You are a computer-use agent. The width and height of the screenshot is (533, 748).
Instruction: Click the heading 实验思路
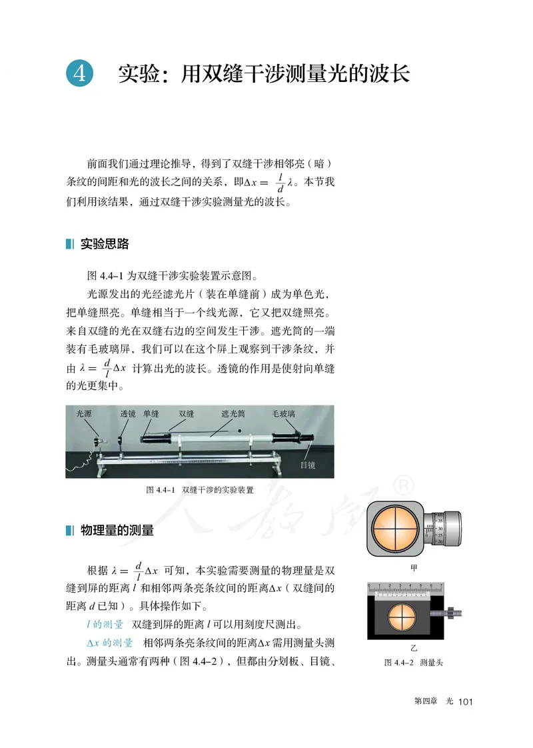[104, 244]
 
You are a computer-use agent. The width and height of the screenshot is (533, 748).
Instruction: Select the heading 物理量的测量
[117, 530]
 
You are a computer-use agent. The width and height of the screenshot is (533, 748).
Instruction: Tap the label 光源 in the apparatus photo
[84, 414]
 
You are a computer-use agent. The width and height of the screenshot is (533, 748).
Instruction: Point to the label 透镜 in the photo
[128, 414]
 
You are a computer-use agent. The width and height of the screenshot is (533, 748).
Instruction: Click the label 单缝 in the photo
[151, 414]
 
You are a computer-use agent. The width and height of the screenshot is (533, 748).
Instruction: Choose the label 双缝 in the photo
[185, 414]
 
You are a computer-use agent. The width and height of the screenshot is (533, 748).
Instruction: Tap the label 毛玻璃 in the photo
[284, 414]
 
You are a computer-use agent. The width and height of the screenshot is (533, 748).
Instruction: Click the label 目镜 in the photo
[307, 465]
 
